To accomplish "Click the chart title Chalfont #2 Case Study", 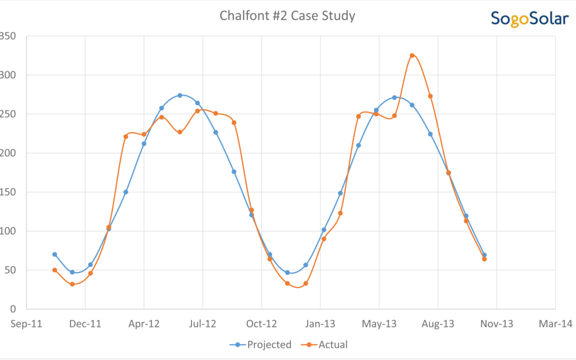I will click(287, 16).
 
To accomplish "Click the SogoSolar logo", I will click(529, 19).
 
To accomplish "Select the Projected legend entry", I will click(261, 345).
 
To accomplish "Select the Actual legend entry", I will click(327, 345).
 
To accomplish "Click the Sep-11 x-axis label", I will click(27, 324).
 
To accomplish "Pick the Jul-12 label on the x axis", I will click(203, 324).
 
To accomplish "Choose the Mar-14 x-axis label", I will click(555, 324).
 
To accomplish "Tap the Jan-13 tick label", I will click(320, 324).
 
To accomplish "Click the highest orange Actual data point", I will click(412, 55).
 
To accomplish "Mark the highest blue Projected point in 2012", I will click(180, 95).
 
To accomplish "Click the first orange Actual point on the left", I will click(54, 270).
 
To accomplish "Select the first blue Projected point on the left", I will click(54, 254).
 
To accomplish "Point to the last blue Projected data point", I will click(484, 255).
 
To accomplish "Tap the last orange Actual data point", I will click(484, 259).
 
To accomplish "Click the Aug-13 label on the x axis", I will click(438, 324).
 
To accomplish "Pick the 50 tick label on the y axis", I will click(10, 270).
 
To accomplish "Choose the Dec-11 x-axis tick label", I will click(85, 324).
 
